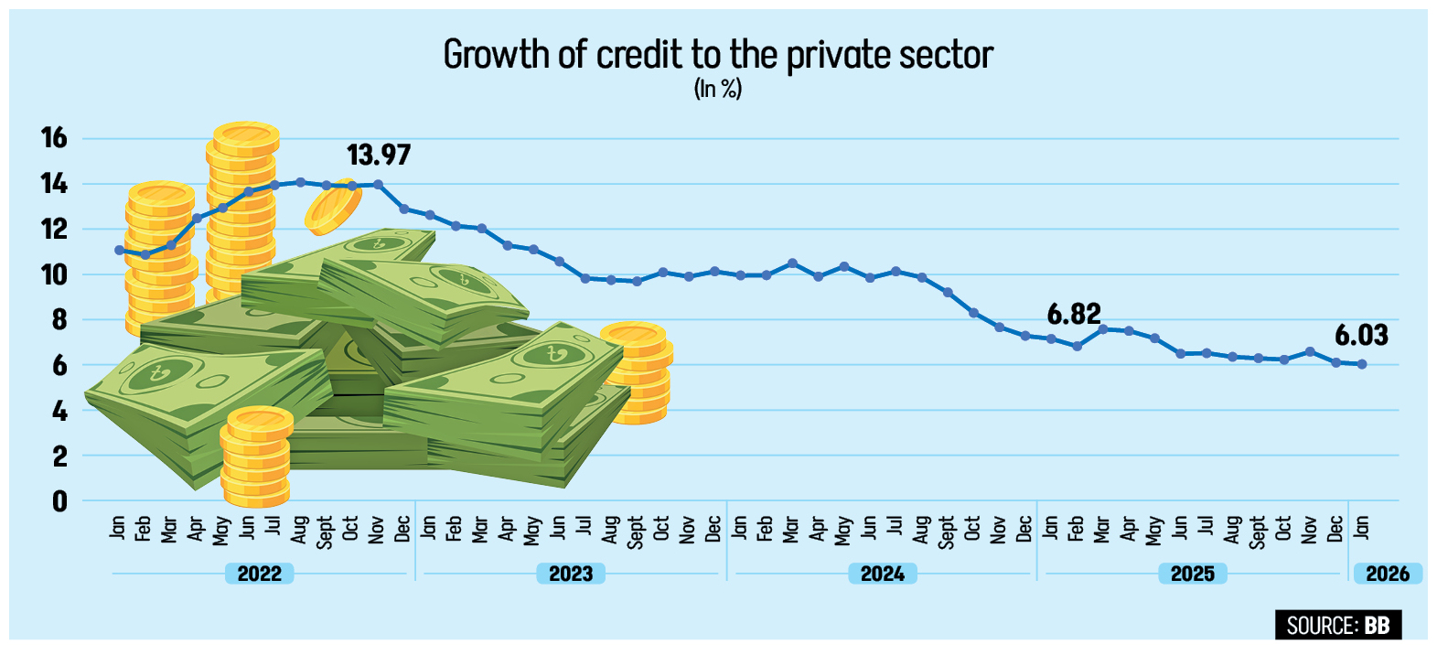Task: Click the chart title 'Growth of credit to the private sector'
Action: tap(718, 55)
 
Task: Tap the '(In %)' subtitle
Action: tap(718, 89)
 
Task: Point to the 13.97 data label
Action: tap(379, 155)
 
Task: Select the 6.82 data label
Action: tap(1074, 315)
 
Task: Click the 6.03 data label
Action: tap(1361, 336)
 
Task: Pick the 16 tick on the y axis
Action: tap(54, 138)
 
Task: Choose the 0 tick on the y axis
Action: tap(59, 501)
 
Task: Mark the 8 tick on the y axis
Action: tap(59, 320)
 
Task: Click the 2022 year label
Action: tap(260, 574)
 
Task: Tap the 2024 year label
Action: tap(882, 574)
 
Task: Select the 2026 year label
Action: tap(1388, 574)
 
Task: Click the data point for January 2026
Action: tap(1362, 364)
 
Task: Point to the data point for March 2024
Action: tap(792, 263)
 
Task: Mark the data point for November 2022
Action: tap(378, 185)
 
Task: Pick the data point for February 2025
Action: tap(1077, 347)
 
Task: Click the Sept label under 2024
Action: tap(947, 532)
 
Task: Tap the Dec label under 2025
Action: tap(1335, 529)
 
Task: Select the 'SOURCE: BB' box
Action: tap(1337, 626)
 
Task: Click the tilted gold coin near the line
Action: tap(334, 207)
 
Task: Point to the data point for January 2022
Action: tap(119, 250)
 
